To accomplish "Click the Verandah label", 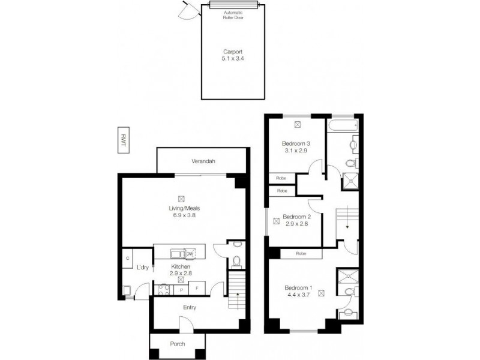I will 203,162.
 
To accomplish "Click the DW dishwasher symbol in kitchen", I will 190,254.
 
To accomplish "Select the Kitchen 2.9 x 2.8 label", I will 181,269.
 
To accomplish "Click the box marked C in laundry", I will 128,258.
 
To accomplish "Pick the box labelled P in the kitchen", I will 181,290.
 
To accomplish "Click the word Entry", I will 190,308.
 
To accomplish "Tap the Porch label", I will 178,344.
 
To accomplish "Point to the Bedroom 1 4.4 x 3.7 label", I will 298,292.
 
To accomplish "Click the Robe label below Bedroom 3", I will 281,178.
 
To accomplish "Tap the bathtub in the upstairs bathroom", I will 342,127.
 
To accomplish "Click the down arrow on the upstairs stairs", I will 346,226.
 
